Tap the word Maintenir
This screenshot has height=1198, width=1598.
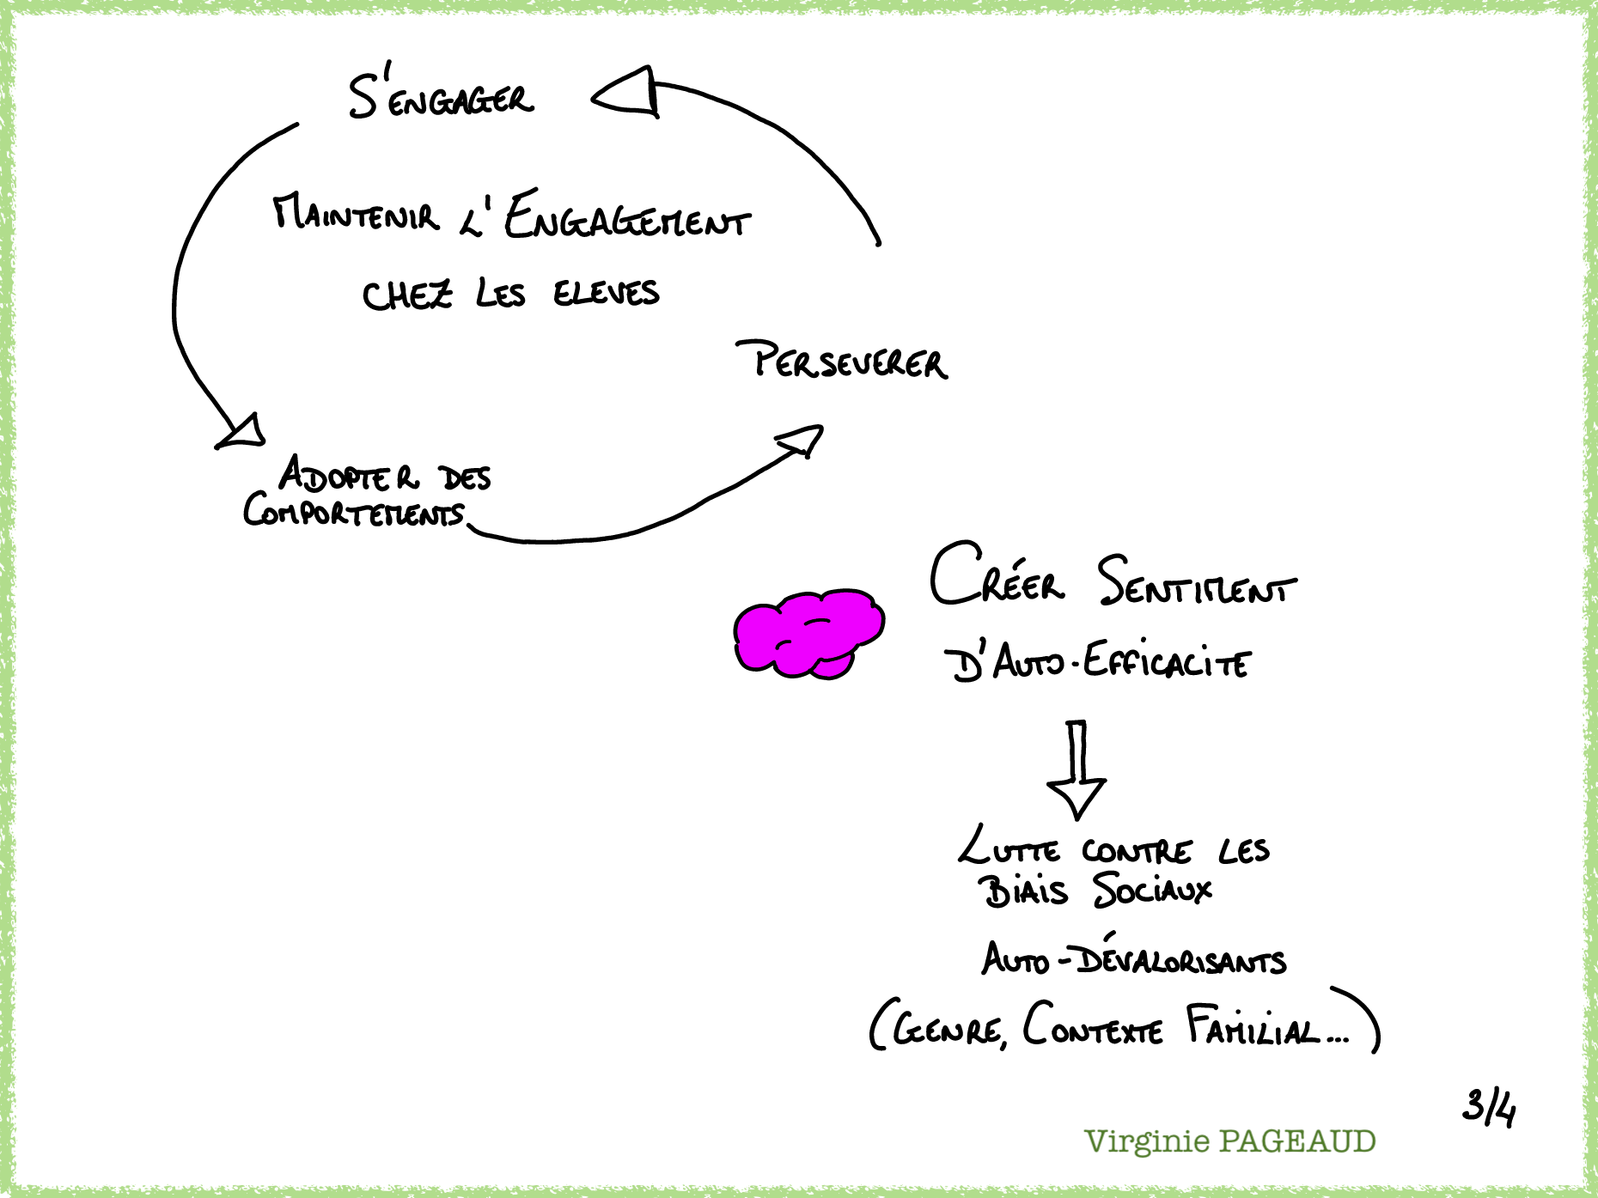tap(356, 215)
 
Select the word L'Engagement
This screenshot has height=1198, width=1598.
tap(607, 217)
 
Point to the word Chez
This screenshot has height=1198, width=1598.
tap(407, 296)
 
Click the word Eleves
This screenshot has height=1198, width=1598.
tap(606, 294)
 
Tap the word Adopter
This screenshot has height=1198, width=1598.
tap(349, 475)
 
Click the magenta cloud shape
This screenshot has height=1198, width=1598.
tap(808, 634)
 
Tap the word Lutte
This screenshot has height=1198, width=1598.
tap(1009, 848)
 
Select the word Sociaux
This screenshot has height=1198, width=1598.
tap(1152, 890)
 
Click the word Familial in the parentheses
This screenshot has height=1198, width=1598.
tap(1253, 1027)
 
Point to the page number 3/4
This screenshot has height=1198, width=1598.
tap(1489, 1107)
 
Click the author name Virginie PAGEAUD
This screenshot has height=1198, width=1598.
tap(1230, 1141)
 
